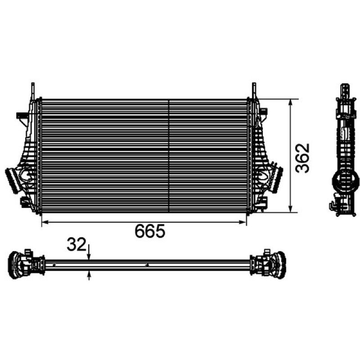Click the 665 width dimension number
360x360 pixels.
click(x=150, y=231)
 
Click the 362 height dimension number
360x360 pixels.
click(x=302, y=158)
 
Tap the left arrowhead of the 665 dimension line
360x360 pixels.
click(x=45, y=222)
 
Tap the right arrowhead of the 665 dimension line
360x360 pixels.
click(x=243, y=222)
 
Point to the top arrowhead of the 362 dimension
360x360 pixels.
click(x=291, y=103)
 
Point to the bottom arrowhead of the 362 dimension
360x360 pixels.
click(x=291, y=209)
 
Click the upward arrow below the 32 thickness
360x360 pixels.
click(x=89, y=275)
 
